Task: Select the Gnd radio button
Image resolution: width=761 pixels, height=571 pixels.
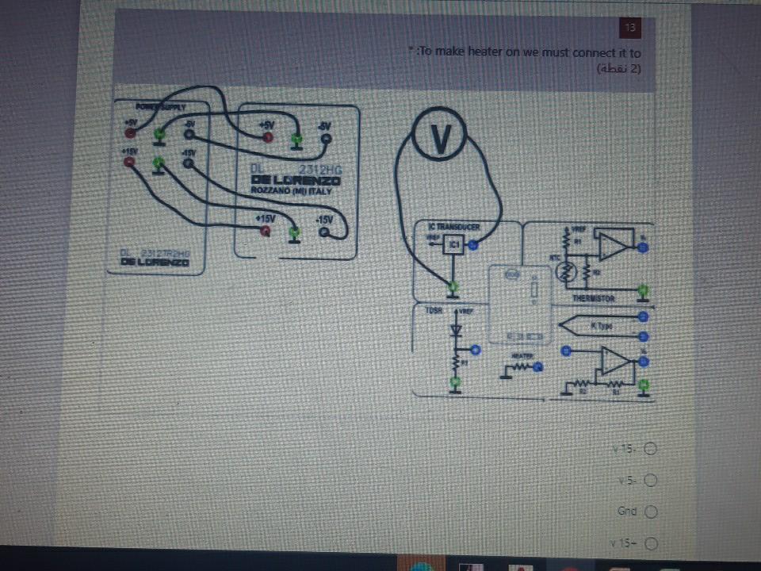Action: pos(652,512)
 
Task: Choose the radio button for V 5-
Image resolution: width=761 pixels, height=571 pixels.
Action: pos(652,481)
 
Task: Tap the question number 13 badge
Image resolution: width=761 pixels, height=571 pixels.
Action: pos(630,28)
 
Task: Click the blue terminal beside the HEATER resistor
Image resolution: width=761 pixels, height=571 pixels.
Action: pos(538,367)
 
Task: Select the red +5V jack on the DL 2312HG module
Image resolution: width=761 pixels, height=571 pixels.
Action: pos(268,138)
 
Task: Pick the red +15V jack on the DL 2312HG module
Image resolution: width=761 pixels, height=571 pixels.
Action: pos(266,232)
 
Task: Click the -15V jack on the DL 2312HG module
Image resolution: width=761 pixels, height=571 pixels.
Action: pos(324,232)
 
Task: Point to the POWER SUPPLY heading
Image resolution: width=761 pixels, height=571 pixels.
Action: pos(160,105)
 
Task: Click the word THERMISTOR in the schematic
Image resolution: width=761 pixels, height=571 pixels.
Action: pos(594,299)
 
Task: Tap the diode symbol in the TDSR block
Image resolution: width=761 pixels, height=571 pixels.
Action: pos(455,330)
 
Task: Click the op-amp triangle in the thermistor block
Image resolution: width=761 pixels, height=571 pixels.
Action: pos(611,246)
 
